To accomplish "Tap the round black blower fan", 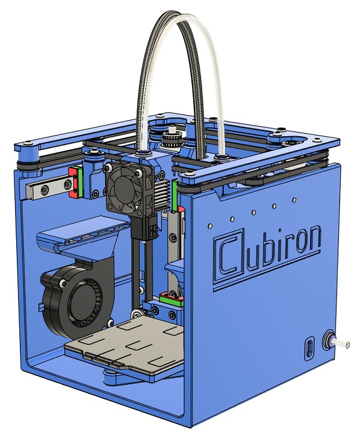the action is point(77,302).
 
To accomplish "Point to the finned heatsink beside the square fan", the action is point(161,194).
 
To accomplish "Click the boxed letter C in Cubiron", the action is point(229,255).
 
